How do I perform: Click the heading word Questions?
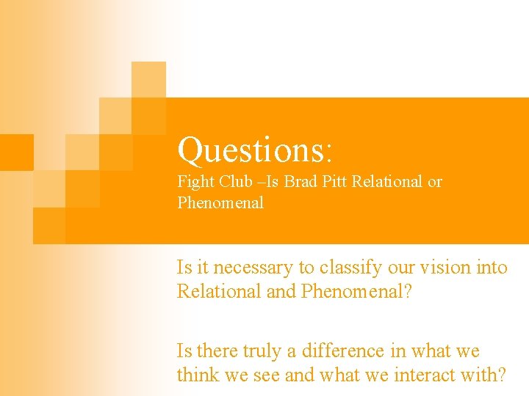(256, 150)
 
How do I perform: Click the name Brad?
(303, 182)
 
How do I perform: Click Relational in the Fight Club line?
(387, 182)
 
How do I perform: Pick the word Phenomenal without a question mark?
(220, 203)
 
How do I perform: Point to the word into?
(492, 268)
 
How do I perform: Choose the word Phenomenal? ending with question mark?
(356, 292)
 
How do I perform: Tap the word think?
(198, 375)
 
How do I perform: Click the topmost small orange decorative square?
(148, 78)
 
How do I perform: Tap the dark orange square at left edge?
(16, 152)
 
